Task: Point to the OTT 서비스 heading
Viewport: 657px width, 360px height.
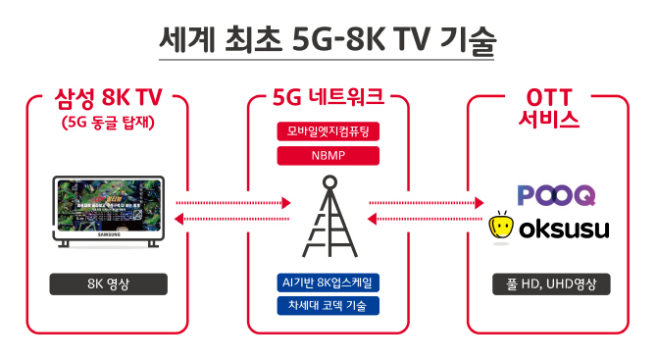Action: click(x=547, y=109)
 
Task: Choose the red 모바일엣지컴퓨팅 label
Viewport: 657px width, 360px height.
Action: click(x=328, y=131)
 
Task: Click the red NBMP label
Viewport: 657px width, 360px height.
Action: click(x=328, y=155)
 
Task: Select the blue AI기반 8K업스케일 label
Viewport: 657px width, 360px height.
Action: click(x=328, y=283)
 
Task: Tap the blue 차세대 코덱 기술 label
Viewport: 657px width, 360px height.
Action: click(x=328, y=305)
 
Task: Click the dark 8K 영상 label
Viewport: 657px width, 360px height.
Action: click(x=108, y=284)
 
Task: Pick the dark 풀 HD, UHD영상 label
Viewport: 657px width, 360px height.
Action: click(x=551, y=284)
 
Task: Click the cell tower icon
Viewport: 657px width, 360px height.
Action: click(x=328, y=219)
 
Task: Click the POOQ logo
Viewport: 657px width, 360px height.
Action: click(x=555, y=195)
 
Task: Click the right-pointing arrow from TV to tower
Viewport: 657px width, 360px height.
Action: click(x=232, y=204)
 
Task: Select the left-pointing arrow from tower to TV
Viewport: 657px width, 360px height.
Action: click(x=232, y=221)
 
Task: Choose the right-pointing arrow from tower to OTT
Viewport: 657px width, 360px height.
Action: click(x=428, y=204)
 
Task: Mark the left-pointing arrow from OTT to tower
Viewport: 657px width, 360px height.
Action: click(x=428, y=221)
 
